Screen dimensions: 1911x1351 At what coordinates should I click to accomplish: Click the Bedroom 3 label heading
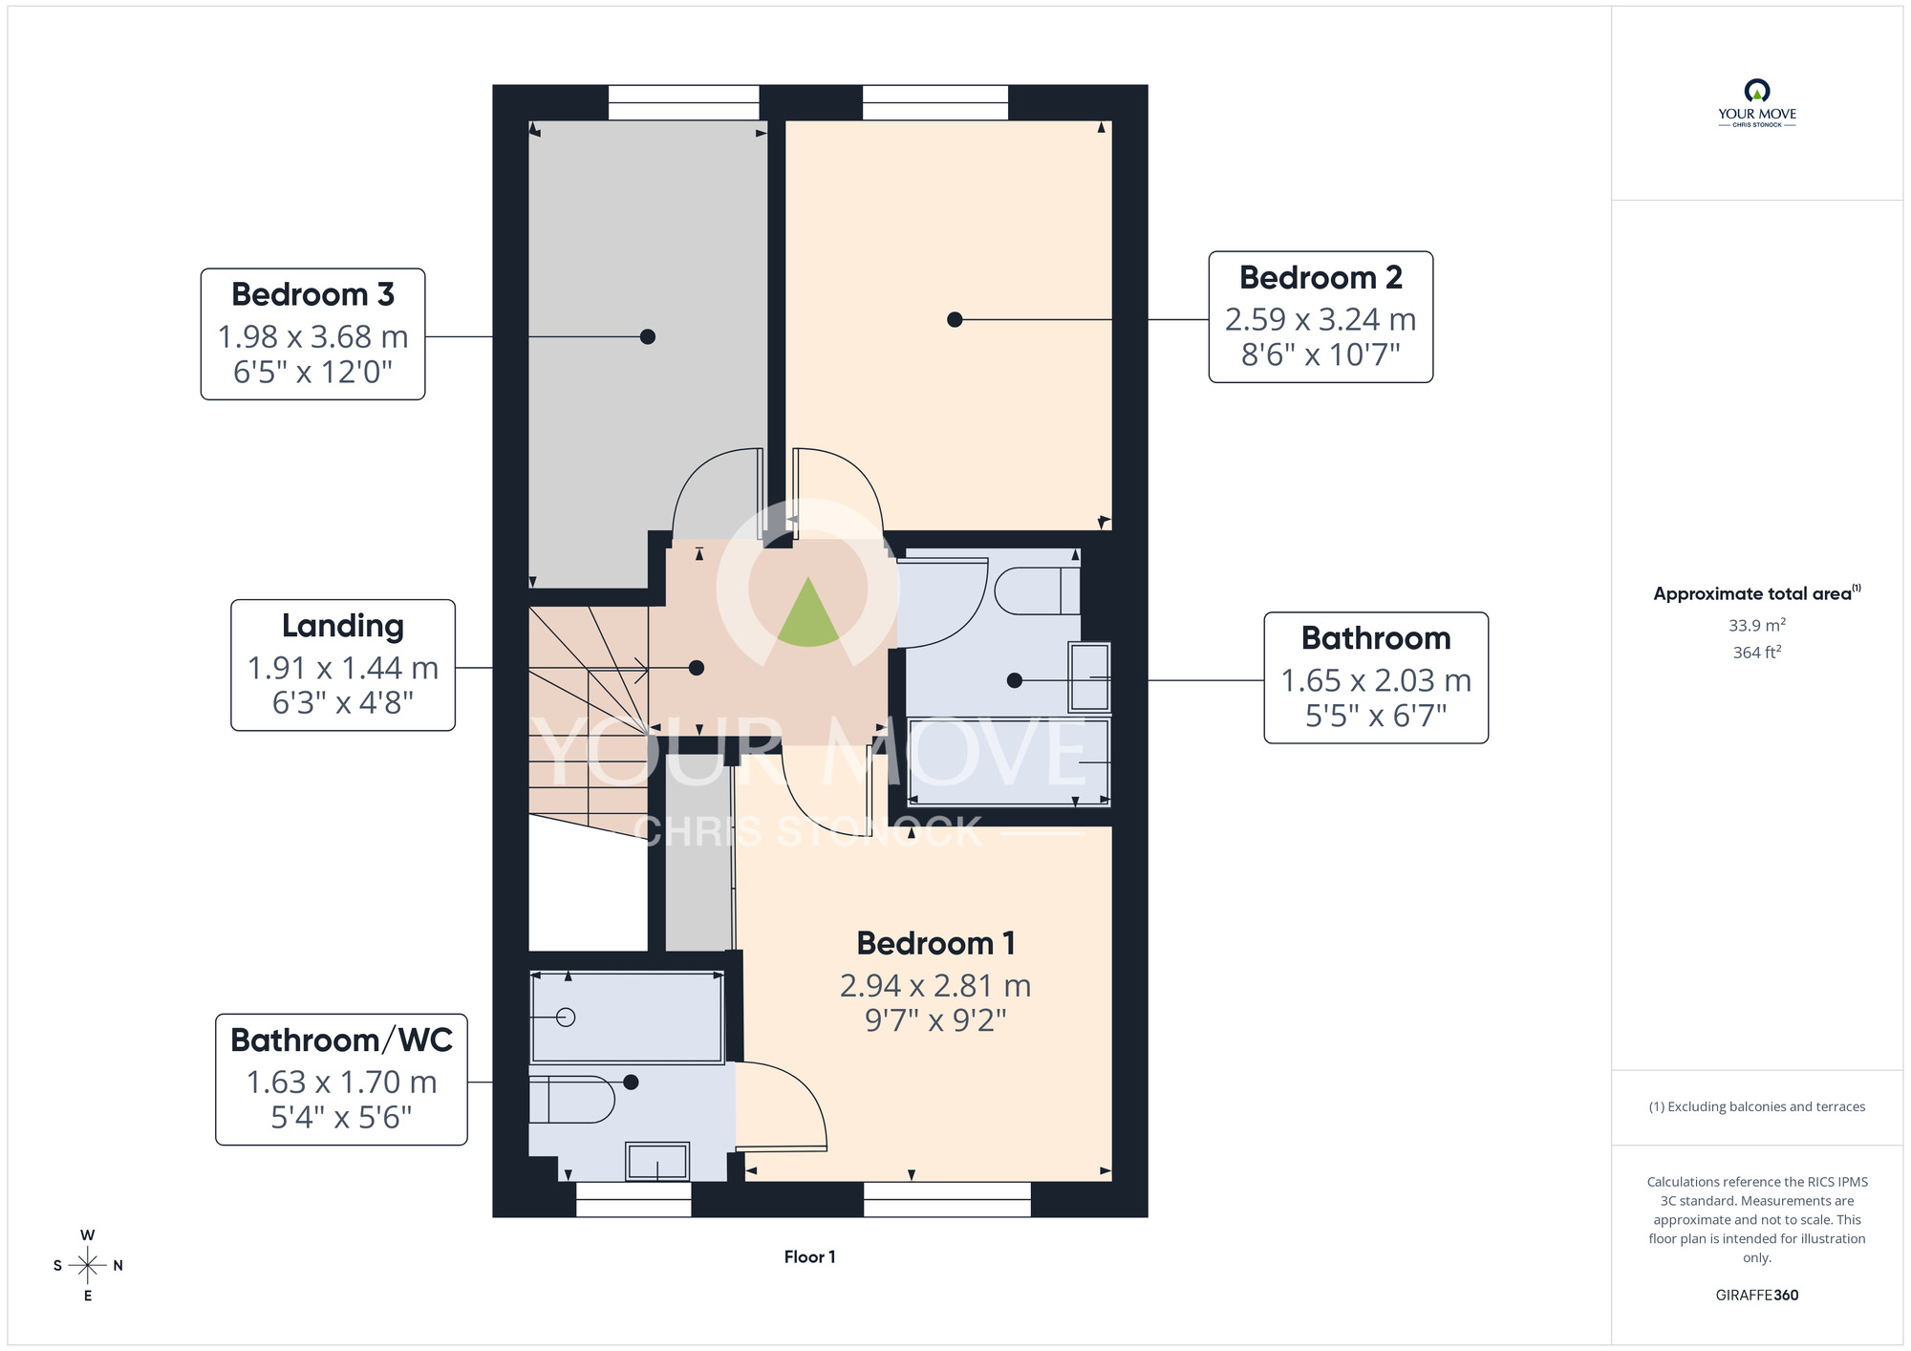tap(312, 294)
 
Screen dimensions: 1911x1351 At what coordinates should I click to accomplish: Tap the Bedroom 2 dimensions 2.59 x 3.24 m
tap(1321, 319)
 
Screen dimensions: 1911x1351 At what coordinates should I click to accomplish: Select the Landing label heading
tap(343, 626)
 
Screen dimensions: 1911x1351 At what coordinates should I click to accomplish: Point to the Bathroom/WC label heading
tap(341, 1040)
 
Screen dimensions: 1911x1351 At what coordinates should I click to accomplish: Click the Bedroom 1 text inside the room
tap(935, 943)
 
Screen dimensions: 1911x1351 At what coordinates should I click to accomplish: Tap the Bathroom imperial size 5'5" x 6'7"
tap(1376, 715)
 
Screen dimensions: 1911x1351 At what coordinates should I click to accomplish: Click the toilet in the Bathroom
tap(1037, 591)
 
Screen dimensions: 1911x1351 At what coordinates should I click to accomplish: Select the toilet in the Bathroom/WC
tap(571, 1100)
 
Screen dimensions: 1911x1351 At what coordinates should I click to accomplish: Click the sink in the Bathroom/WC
tap(657, 1161)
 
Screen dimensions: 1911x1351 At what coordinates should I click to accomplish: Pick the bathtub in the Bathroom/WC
tap(627, 1018)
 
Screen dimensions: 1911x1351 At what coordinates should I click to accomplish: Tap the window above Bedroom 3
tap(684, 102)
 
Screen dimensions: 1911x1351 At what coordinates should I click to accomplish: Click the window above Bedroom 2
tap(935, 102)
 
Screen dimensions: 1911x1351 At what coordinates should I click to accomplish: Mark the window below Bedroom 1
tap(947, 1199)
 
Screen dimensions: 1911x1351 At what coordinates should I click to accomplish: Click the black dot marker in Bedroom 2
tap(955, 320)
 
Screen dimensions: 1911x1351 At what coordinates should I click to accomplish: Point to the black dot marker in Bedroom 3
tap(648, 336)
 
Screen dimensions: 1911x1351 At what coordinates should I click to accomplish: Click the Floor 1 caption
tap(809, 1257)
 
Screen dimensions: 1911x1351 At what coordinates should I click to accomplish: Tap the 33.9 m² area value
tap(1757, 625)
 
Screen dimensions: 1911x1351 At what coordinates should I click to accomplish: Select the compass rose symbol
tap(88, 1266)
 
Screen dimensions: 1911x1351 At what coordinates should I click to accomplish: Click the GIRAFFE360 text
tap(1757, 1296)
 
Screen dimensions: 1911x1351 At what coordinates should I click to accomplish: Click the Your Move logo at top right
tap(1757, 103)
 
